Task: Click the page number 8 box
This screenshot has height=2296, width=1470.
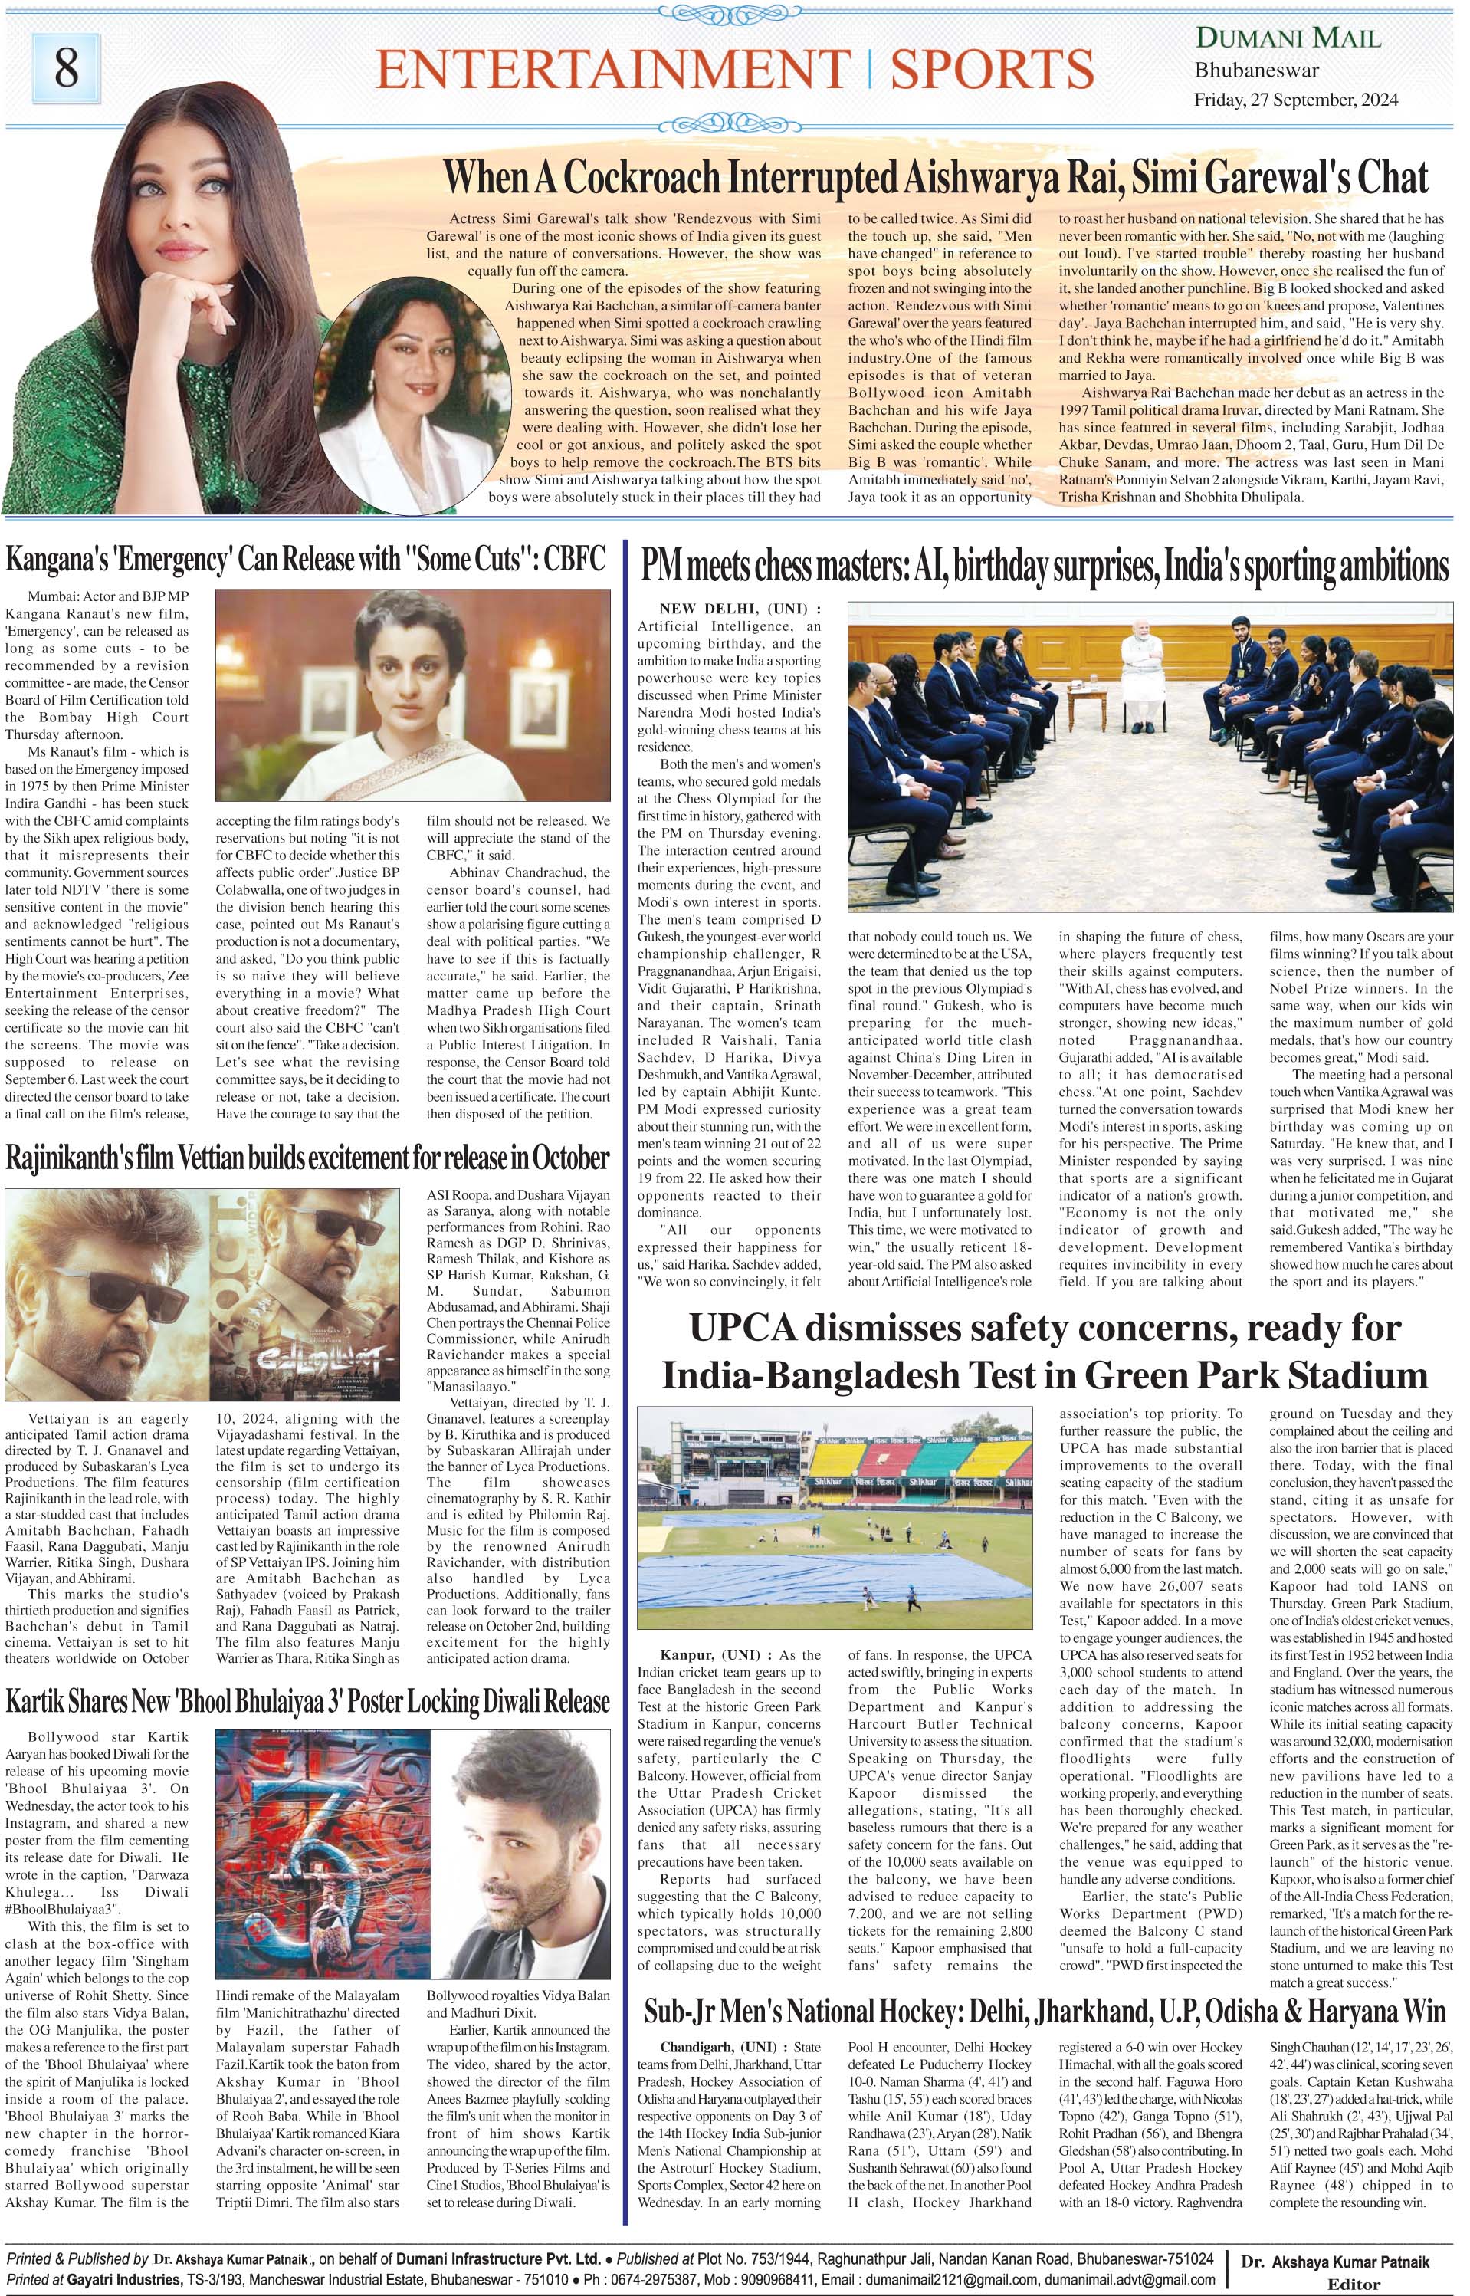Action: pyautogui.click(x=65, y=69)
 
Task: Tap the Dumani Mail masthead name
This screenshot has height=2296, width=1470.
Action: pyautogui.click(x=1288, y=38)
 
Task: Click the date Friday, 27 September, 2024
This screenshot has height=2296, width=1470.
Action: pyautogui.click(x=1296, y=100)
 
